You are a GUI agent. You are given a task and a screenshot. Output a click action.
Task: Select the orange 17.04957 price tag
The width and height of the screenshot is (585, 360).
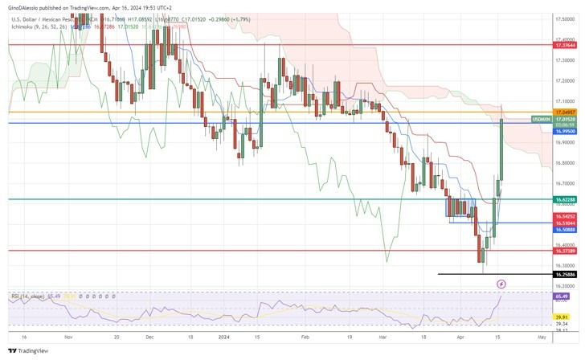click(565, 112)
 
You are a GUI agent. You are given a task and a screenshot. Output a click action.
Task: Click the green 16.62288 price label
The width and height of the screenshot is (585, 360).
click(565, 198)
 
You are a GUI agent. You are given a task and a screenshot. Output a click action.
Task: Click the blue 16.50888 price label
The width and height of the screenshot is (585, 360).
click(565, 230)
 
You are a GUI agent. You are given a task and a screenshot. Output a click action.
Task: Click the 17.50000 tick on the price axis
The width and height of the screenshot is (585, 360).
click(565, 18)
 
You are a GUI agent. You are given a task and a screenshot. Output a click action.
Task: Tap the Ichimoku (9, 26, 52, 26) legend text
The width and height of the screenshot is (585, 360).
click(40, 27)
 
